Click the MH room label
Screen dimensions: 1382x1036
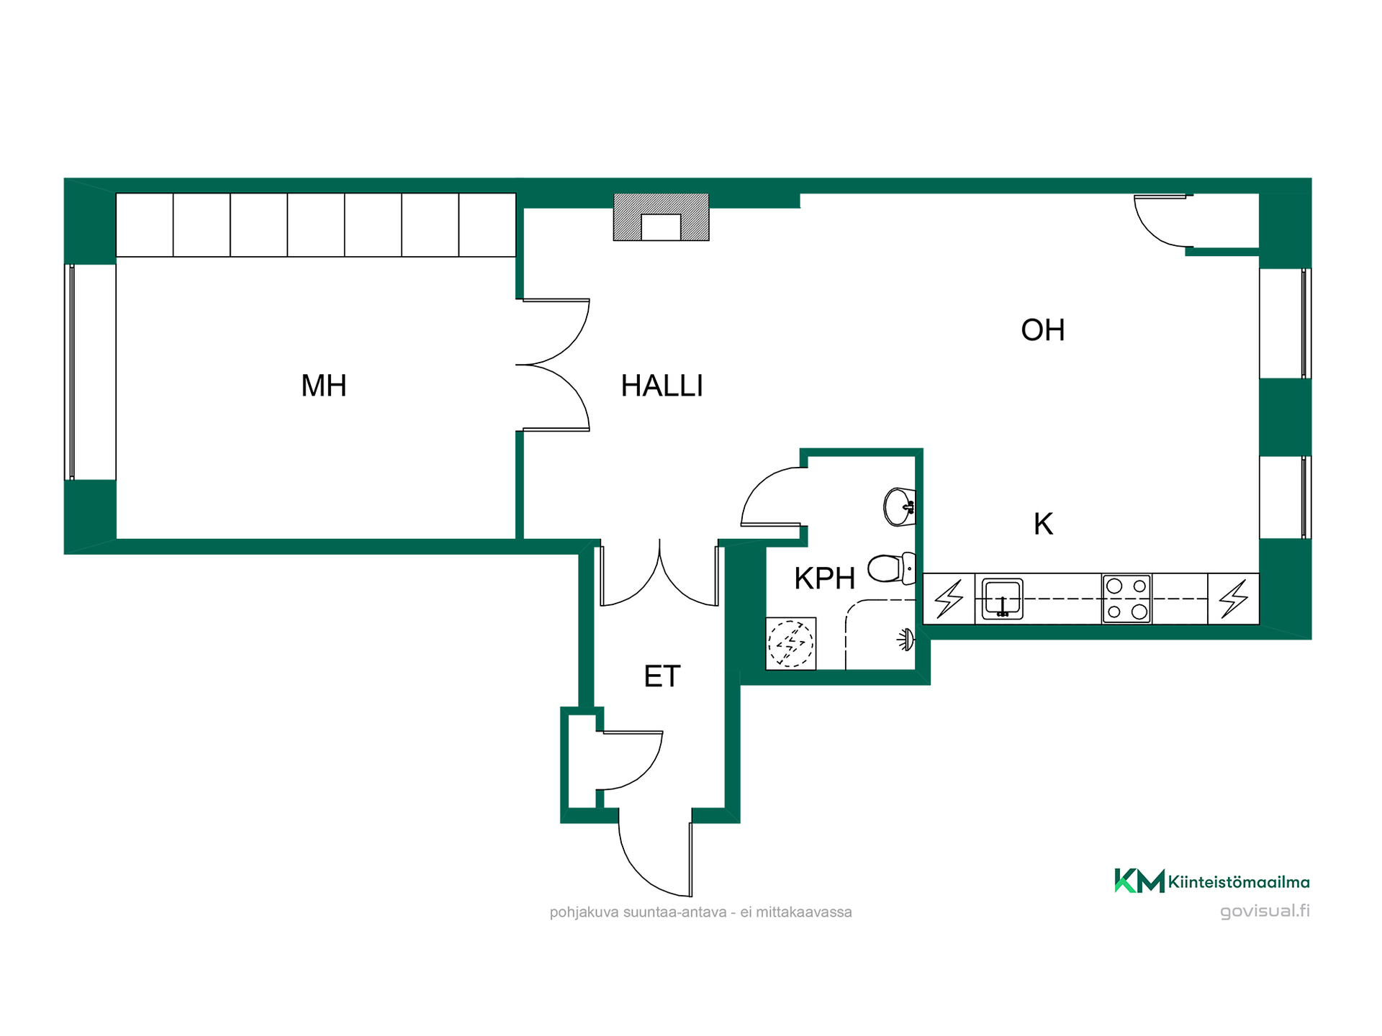(324, 386)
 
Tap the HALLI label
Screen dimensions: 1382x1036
(661, 386)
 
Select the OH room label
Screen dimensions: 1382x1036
(1042, 330)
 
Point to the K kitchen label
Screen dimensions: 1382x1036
(1043, 524)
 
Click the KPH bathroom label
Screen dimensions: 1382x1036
(824, 578)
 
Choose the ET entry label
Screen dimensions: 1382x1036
(661, 676)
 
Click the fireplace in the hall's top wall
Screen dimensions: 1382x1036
(661, 217)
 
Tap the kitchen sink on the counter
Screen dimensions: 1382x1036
(1002, 599)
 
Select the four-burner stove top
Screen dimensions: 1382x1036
(1126, 599)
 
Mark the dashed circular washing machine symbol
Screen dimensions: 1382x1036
(790, 643)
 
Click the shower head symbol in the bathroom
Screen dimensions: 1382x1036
(906, 639)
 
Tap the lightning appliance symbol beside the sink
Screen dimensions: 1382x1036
(949, 599)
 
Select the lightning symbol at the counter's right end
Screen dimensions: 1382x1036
(1233, 599)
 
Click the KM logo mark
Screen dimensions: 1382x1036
(1139, 881)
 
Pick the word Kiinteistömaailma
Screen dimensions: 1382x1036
(1239, 882)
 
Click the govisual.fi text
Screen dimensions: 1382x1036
(1265, 911)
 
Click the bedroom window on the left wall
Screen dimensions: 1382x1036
(70, 372)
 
